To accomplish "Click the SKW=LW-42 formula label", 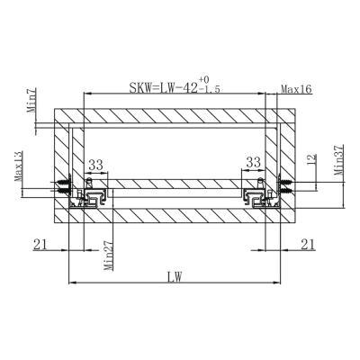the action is coord(164,88).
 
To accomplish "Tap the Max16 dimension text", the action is coord(296,89).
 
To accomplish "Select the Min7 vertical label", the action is coord(32,100).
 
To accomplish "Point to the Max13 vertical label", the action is coord(18,166).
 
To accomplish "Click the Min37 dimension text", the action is coord(339,160).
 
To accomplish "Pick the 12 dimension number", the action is coord(312,158).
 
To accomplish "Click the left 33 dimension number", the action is coord(95,165).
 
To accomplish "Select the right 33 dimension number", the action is coord(254,163).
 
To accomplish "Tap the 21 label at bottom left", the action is coord(40,245).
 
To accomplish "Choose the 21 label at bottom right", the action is coord(308,245).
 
